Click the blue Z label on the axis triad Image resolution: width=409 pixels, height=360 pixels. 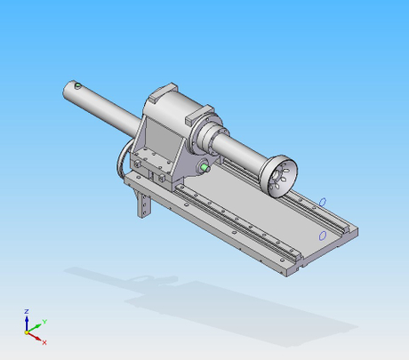pyautogui.click(x=28, y=311)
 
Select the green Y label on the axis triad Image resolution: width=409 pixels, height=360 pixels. pyautogui.click(x=44, y=321)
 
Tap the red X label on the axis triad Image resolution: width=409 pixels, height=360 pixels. pyautogui.click(x=44, y=341)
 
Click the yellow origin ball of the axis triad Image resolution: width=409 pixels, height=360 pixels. pyautogui.click(x=28, y=330)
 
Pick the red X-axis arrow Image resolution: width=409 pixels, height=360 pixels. pyautogui.click(x=36, y=336)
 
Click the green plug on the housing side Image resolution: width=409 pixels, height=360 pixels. pyautogui.click(x=204, y=165)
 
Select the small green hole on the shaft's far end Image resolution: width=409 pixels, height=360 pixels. pyautogui.click(x=78, y=86)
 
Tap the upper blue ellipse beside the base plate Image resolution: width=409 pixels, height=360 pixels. pyautogui.click(x=323, y=202)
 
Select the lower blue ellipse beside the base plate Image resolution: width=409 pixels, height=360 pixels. pyautogui.click(x=322, y=235)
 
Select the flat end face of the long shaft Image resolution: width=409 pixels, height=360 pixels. pyautogui.click(x=68, y=89)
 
